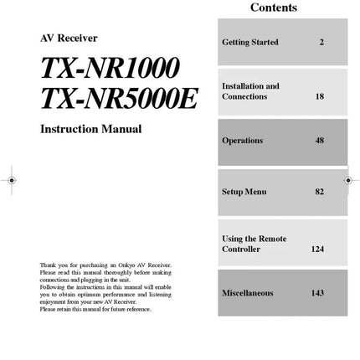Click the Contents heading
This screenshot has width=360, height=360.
273,8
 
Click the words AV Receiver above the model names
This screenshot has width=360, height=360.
69,38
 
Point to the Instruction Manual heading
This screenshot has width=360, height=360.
90,129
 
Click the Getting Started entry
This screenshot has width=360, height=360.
249,42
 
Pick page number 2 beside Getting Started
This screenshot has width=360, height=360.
321,42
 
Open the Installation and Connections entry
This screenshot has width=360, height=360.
250,91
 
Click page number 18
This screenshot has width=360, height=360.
320,96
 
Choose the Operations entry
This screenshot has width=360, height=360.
242,141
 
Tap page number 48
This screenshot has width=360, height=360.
320,141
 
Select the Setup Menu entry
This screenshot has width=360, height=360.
244,192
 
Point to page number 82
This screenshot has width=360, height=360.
320,192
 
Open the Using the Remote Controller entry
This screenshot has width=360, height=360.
254,244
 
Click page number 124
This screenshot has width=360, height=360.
317,249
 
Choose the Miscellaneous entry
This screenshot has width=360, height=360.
247,293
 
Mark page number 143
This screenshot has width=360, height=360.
317,293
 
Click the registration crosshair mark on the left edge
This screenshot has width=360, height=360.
11,180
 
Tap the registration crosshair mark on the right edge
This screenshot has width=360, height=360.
348,180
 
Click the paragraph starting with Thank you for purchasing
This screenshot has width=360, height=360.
105,287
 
